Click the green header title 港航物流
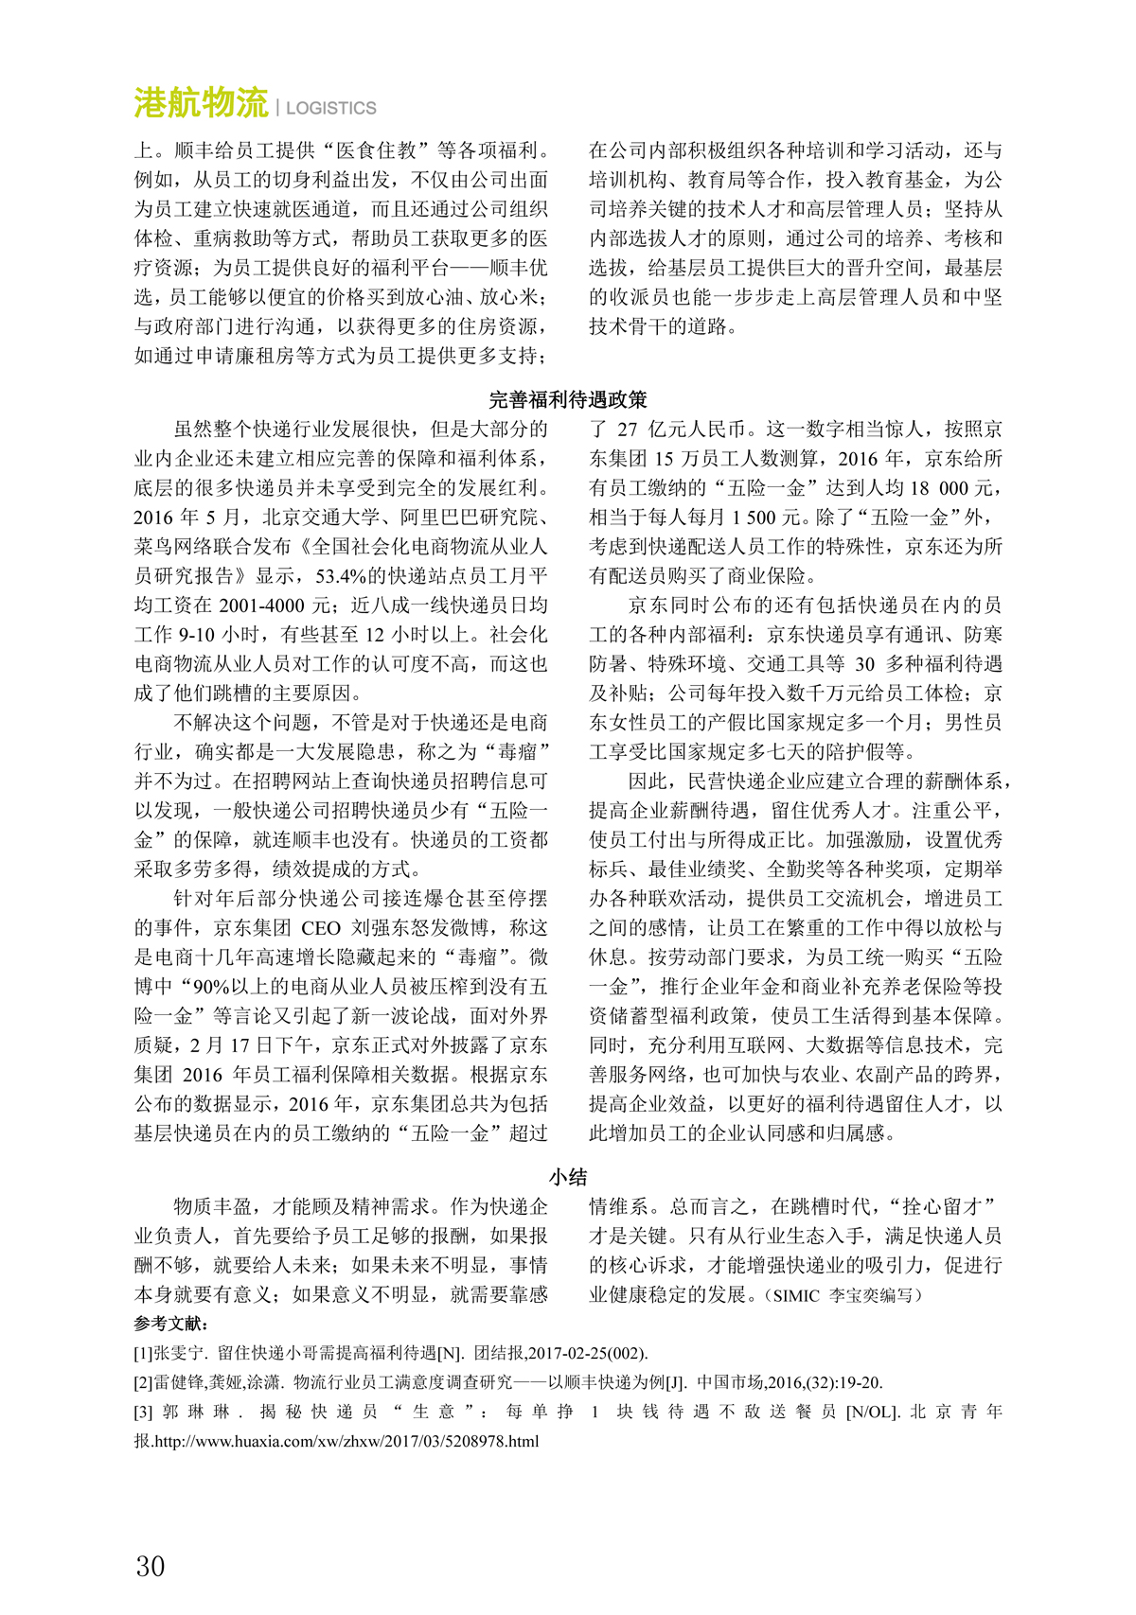click(202, 103)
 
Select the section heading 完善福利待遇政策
click(568, 399)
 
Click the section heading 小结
click(568, 1177)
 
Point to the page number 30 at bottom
click(151, 1566)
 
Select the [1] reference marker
click(144, 1353)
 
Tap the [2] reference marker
click(144, 1382)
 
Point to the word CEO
click(321, 927)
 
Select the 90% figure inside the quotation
click(210, 986)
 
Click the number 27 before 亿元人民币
click(628, 430)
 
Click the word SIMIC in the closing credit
click(797, 1295)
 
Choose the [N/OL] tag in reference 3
click(872, 1412)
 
